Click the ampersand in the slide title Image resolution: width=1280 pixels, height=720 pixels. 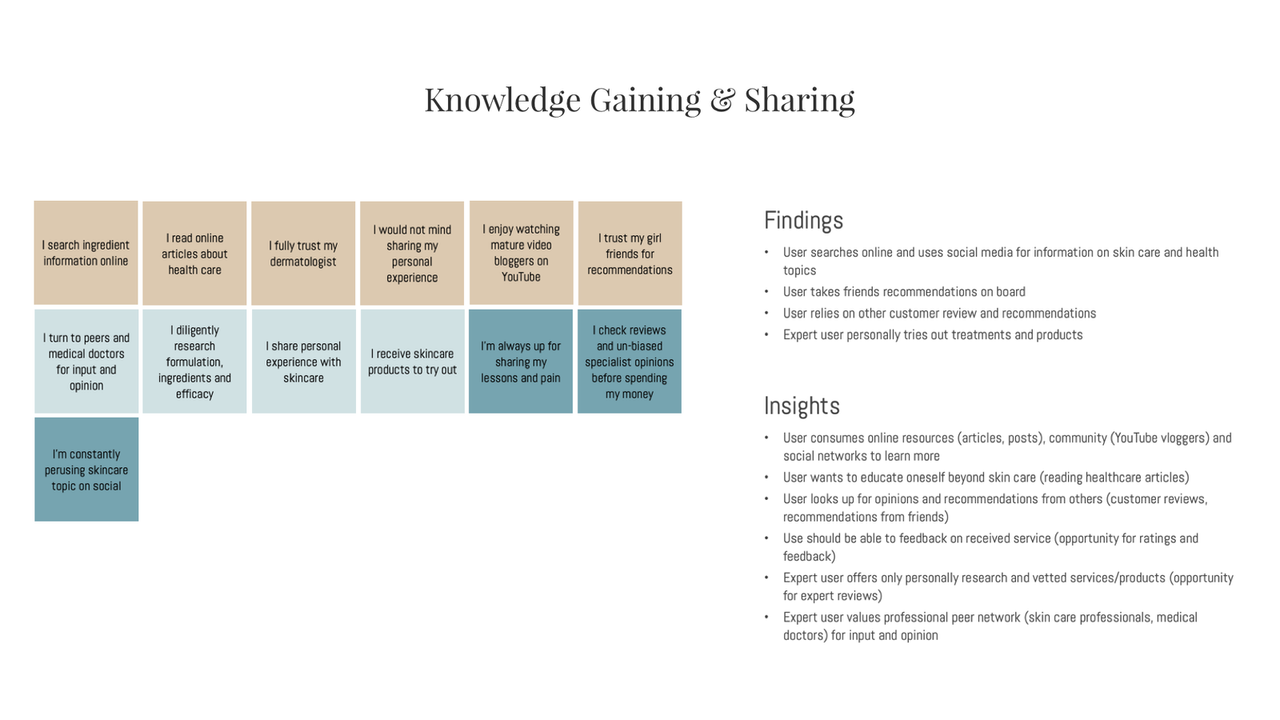pyautogui.click(x=722, y=99)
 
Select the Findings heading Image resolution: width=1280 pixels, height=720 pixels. pyautogui.click(x=803, y=221)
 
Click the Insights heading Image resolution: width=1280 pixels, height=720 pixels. pyautogui.click(x=802, y=406)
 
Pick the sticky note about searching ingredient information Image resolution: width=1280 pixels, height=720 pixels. pyautogui.click(x=86, y=253)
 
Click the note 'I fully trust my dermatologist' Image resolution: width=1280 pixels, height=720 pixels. pyautogui.click(x=303, y=253)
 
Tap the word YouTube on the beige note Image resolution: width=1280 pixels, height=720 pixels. pyautogui.click(x=521, y=277)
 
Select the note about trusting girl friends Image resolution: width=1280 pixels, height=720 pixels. pyautogui.click(x=630, y=253)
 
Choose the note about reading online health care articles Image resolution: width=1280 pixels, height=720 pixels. pyautogui.click(x=194, y=253)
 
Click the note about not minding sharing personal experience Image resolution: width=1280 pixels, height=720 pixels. pyautogui.click(x=412, y=253)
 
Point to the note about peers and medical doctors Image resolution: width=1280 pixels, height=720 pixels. pyautogui.click(x=86, y=361)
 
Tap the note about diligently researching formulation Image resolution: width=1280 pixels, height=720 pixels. pyautogui.click(x=194, y=361)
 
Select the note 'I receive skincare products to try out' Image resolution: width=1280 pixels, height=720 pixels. pyautogui.click(x=412, y=361)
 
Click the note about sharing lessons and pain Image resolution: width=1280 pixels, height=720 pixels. pyautogui.click(x=521, y=361)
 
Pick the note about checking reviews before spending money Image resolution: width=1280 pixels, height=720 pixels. pyautogui.click(x=629, y=361)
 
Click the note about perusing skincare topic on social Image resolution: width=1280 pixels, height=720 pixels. pyautogui.click(x=86, y=469)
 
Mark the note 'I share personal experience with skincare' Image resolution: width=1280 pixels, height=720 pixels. pyautogui.click(x=303, y=361)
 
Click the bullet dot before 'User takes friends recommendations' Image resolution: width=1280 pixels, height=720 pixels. pyautogui.click(x=767, y=292)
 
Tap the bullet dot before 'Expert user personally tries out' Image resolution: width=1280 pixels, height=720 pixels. pyautogui.click(x=767, y=335)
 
